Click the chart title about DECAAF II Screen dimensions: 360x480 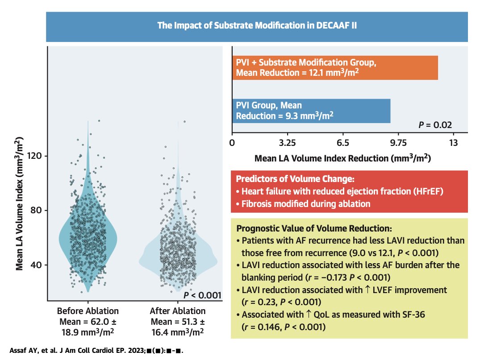(x=257, y=26)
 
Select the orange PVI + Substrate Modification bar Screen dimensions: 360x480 (x=335, y=67)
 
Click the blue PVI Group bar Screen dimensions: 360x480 (x=311, y=111)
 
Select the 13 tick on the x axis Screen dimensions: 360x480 (x=453, y=143)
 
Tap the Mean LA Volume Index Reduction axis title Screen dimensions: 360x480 (x=342, y=158)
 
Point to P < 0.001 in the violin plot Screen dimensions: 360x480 (x=202, y=295)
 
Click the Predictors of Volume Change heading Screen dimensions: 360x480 (x=295, y=179)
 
